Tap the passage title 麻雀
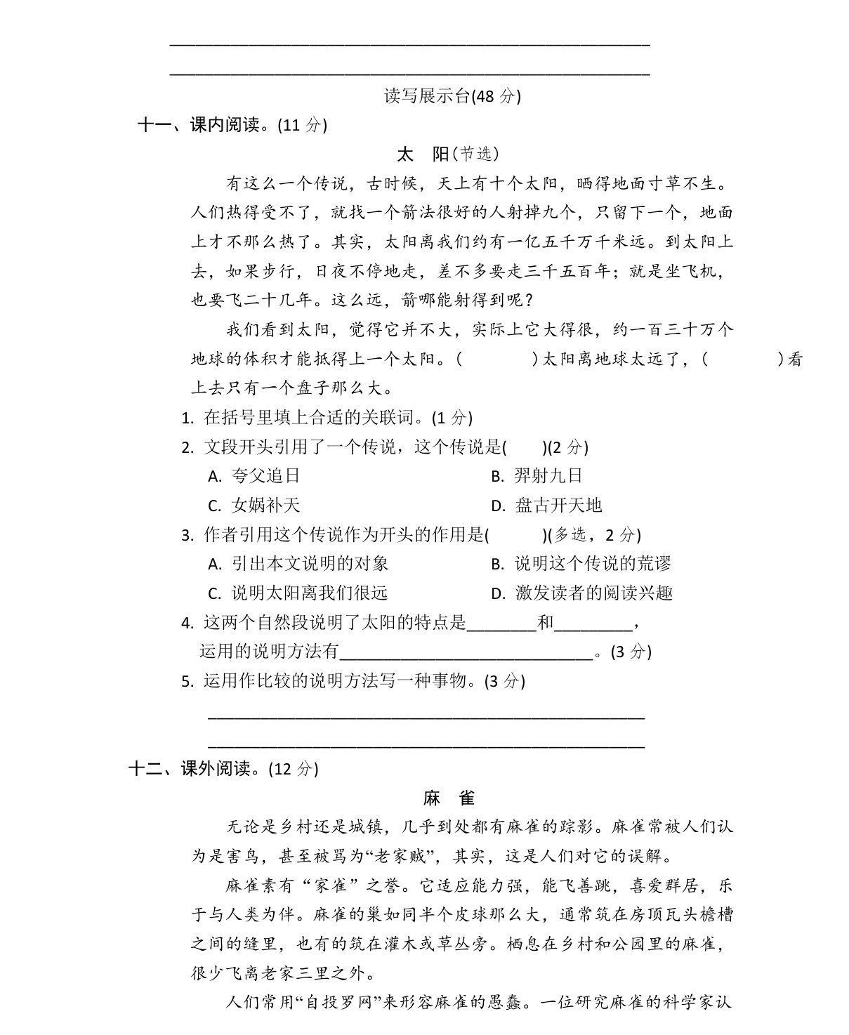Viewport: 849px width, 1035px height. (x=449, y=798)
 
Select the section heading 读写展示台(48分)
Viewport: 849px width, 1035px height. (x=452, y=95)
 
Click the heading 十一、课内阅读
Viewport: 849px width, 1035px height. (x=232, y=125)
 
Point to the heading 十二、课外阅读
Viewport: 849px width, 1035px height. (x=223, y=768)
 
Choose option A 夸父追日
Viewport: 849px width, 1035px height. (x=255, y=476)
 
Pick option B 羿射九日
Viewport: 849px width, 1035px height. (x=537, y=476)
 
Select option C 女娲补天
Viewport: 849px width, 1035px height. (x=255, y=506)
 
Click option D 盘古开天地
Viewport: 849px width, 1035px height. (x=547, y=506)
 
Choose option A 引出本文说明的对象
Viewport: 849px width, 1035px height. (x=299, y=564)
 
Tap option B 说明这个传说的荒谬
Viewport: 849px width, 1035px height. (x=581, y=564)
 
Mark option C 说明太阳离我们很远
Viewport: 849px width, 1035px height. (x=299, y=593)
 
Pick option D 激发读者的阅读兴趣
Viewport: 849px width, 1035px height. (x=582, y=593)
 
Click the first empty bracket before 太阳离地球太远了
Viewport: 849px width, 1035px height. (x=496, y=360)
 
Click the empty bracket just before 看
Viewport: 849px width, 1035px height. (x=742, y=360)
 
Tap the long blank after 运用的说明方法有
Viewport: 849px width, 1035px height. (x=466, y=652)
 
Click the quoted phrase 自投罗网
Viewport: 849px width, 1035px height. (x=341, y=1003)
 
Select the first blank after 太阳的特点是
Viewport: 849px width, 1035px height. (x=501, y=623)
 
